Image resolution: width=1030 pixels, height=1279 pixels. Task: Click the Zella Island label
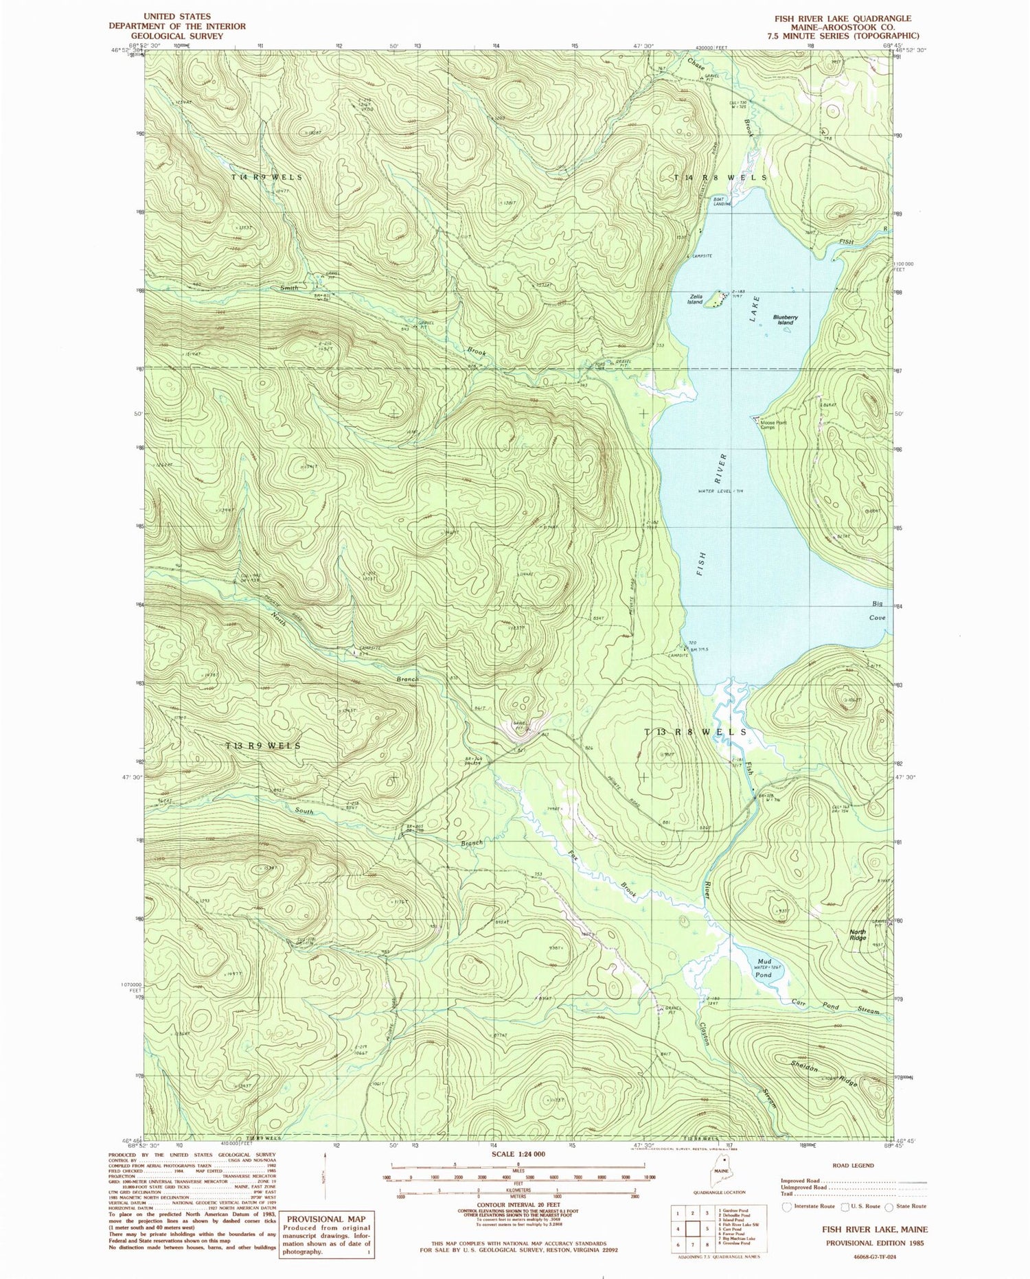pos(695,299)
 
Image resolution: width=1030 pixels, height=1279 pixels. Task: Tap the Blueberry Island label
pos(786,320)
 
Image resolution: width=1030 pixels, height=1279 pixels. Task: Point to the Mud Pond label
pos(764,968)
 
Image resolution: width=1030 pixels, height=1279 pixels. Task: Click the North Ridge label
pos(858,934)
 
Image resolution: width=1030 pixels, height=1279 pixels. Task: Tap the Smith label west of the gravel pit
pos(288,288)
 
